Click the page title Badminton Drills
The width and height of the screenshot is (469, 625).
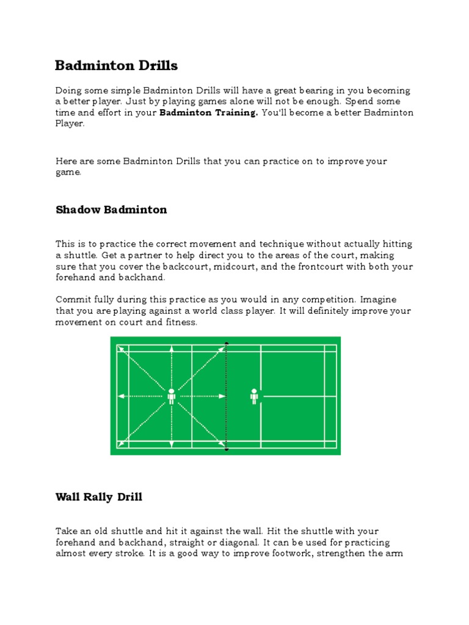click(117, 65)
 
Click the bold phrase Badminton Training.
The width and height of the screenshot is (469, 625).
click(209, 113)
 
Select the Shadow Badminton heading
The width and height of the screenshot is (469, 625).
click(111, 210)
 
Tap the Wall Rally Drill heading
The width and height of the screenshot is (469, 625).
click(99, 497)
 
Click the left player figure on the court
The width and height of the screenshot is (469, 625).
click(172, 396)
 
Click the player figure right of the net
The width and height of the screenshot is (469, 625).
click(254, 396)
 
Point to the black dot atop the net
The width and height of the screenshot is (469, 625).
click(227, 344)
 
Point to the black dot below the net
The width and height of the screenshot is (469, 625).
click(227, 450)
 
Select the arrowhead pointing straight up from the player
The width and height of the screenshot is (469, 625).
click(172, 348)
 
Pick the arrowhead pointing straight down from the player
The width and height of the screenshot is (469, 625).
click(172, 445)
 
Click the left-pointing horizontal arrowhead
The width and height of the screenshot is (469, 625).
click(120, 396)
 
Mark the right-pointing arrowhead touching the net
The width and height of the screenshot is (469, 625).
click(223, 396)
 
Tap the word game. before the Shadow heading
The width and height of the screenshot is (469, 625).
click(68, 173)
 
